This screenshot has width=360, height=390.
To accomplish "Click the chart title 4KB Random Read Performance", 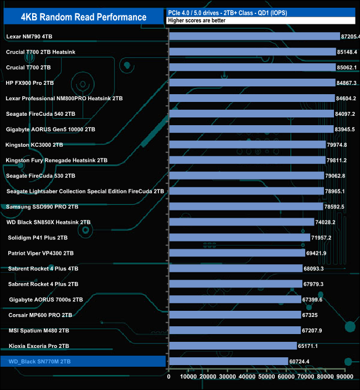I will click(x=83, y=17).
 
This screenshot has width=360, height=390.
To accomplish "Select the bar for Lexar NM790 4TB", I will click(x=254, y=37).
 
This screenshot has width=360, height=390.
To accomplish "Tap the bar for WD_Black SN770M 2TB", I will click(x=228, y=361).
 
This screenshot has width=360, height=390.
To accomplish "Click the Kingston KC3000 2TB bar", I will click(x=247, y=145).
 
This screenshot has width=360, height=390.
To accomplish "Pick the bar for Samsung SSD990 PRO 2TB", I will click(x=246, y=207).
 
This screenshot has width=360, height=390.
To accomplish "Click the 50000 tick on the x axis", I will click(x=266, y=377).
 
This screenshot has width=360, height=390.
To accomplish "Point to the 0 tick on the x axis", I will click(x=169, y=377).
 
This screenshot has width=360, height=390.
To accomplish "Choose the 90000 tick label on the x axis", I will click(x=344, y=377).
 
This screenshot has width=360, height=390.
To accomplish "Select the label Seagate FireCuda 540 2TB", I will click(x=40, y=114).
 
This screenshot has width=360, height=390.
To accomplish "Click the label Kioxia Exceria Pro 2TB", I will click(x=39, y=346).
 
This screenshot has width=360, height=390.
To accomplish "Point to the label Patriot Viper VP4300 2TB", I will click(x=40, y=253).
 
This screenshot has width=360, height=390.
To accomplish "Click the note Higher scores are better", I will click(x=193, y=20).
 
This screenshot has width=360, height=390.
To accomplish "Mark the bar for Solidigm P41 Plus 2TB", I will click(x=239, y=238).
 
